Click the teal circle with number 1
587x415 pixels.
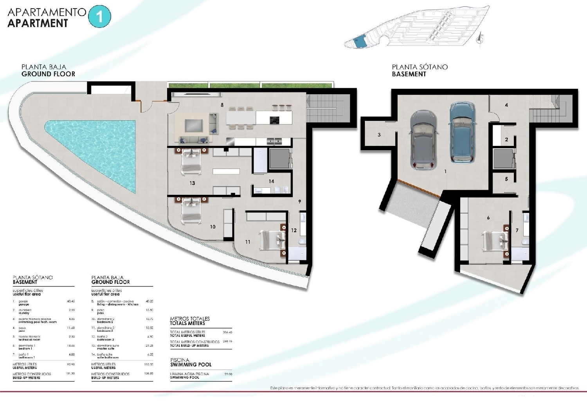pyautogui.click(x=99, y=16)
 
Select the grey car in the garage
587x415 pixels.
pyautogui.click(x=423, y=139)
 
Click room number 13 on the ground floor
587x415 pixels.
pyautogui.click(x=192, y=183)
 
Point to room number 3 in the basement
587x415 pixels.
pyautogui.click(x=379, y=135)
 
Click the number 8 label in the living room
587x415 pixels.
pyautogui.click(x=222, y=105)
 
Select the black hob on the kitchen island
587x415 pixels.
pyautogui.click(x=274, y=120)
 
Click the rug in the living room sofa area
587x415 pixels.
pyautogui.click(x=194, y=125)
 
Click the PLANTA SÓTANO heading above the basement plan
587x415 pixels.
pyautogui.click(x=420, y=67)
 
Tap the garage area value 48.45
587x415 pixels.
pyautogui.click(x=71, y=301)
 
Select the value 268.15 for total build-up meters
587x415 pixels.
pyautogui.click(x=227, y=341)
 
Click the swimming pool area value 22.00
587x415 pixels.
pyautogui.click(x=228, y=374)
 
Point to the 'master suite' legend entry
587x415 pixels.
pyautogui.click(x=106, y=348)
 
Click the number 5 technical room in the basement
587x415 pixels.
pyautogui.click(x=506, y=179)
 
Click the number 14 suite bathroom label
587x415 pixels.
pyautogui.click(x=271, y=181)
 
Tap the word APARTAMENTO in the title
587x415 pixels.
pyautogui.click(x=47, y=12)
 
